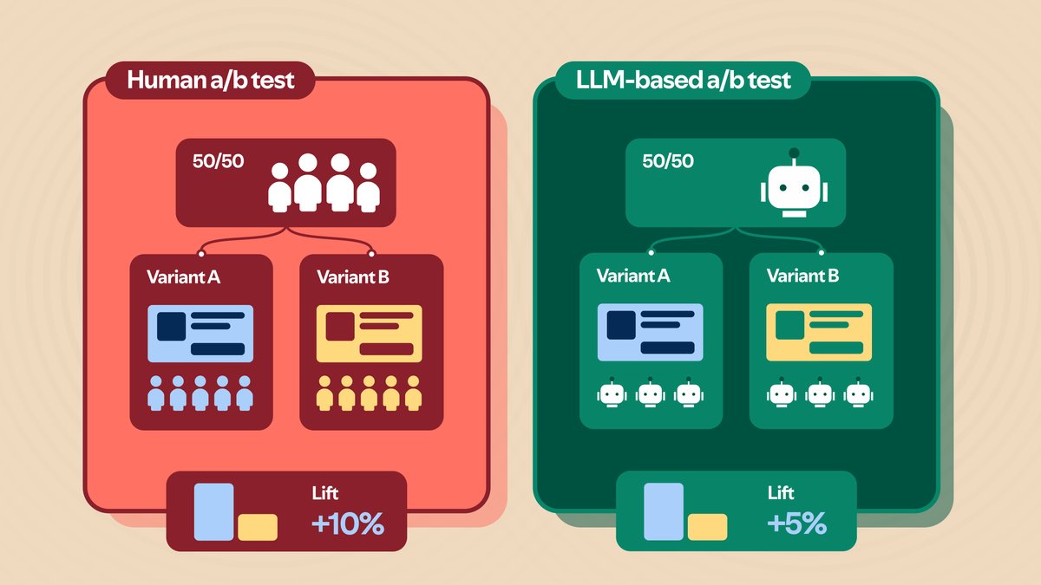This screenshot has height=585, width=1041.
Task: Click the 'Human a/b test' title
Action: (x=211, y=80)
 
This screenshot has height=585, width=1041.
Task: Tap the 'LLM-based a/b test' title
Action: (x=684, y=80)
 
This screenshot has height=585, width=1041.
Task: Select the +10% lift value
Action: (x=348, y=523)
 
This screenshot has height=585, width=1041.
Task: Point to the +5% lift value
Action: (x=797, y=523)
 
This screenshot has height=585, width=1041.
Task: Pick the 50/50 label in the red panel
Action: (x=218, y=161)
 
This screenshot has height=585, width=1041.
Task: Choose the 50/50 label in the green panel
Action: (x=668, y=161)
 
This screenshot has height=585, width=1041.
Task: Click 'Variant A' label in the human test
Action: (x=184, y=277)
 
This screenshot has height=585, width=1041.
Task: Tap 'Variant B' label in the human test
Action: (x=353, y=277)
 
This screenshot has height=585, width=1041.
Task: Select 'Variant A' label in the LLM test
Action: (x=633, y=276)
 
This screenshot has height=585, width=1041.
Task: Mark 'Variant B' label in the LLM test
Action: (x=803, y=276)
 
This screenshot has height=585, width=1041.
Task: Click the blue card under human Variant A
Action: (x=200, y=334)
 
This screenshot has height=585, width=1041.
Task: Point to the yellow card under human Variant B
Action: (x=370, y=334)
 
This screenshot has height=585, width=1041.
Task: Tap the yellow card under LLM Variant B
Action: (x=819, y=332)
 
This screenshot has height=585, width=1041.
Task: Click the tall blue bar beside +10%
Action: (x=213, y=512)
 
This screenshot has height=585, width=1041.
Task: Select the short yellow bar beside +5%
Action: (x=707, y=527)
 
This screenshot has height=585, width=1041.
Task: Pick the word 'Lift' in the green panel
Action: (x=781, y=492)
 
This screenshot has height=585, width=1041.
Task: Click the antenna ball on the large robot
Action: (x=795, y=153)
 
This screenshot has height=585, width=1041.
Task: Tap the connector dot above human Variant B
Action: (x=371, y=253)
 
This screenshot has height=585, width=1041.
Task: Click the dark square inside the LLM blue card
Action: (x=621, y=325)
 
